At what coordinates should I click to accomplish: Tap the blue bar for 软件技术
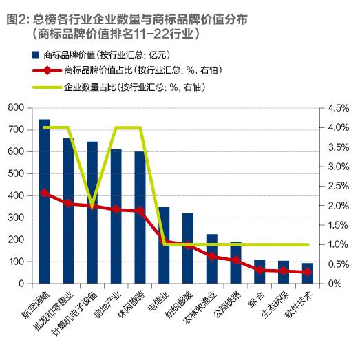click(x=307, y=273)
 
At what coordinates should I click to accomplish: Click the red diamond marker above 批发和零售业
click(x=68, y=203)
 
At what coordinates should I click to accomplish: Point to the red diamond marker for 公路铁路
click(x=235, y=260)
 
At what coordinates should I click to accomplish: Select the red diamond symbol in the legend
click(x=45, y=71)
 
